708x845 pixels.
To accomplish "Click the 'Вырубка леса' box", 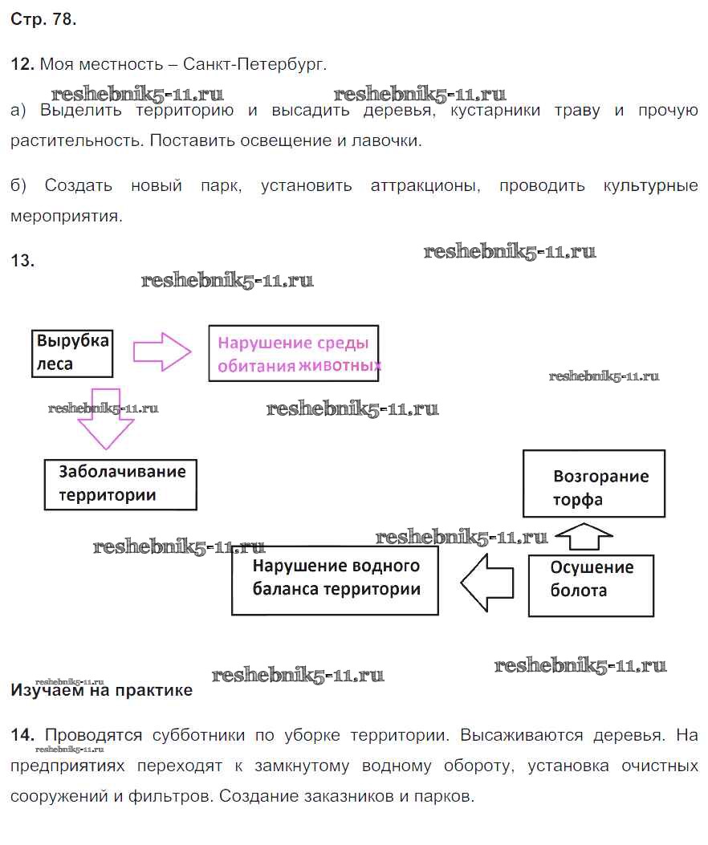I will [72, 352].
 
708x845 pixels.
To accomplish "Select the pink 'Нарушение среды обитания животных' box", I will [294, 353].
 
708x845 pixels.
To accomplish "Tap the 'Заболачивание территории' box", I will [120, 483].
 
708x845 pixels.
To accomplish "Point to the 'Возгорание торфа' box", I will [594, 483].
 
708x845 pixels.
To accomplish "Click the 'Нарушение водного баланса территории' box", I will [335, 581].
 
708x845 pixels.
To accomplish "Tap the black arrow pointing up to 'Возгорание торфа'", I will [584, 535].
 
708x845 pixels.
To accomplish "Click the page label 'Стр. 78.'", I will [44, 21].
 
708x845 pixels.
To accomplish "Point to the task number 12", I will [22, 63].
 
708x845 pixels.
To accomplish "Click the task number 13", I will [22, 260].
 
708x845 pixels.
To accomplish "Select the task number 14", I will [22, 734].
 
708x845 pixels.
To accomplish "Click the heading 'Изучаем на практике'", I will [102, 690].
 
